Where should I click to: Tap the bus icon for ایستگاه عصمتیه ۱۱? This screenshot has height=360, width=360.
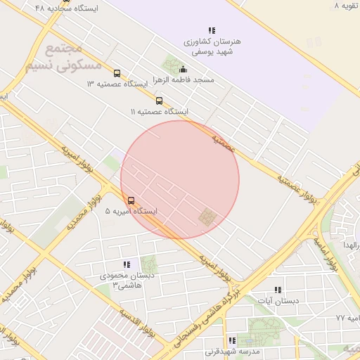click(159, 101)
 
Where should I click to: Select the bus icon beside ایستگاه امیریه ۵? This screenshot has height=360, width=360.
click(131, 200)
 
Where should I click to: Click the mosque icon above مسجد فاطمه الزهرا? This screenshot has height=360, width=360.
click(184, 69)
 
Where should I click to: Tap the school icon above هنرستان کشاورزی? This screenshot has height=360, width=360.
click(212, 30)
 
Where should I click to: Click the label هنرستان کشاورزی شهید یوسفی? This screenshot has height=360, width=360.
click(212, 46)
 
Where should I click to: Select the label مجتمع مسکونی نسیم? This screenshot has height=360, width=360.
click(63, 58)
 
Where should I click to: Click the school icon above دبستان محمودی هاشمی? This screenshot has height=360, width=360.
click(127, 264)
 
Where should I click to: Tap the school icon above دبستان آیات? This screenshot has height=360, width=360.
click(277, 290)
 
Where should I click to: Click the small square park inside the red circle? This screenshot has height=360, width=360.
click(206, 218)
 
